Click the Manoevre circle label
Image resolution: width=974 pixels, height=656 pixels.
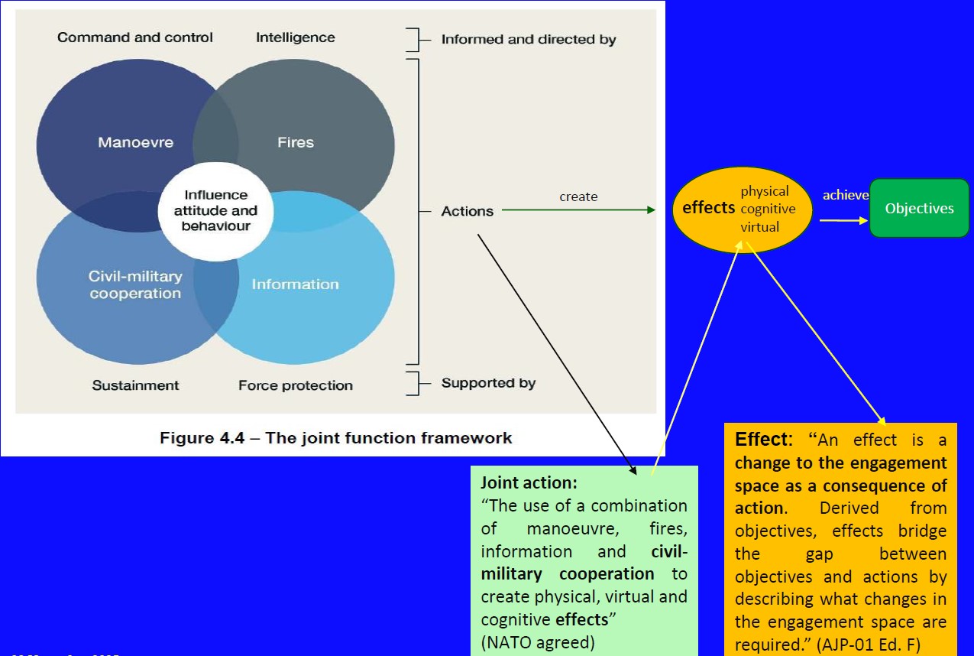point(135,142)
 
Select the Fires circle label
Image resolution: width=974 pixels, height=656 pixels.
point(296,142)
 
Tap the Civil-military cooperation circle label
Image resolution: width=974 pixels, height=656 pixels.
point(135,284)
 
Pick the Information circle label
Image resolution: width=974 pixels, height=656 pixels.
point(295,284)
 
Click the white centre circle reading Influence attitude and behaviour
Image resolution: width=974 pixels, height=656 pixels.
point(215,210)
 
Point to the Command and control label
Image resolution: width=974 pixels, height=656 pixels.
point(135,37)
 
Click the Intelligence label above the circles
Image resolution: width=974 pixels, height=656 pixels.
point(295,37)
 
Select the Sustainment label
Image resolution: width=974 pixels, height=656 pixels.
point(135,385)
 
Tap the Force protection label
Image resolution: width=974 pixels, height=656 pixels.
point(295,385)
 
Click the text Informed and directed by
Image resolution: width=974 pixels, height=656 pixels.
point(528,39)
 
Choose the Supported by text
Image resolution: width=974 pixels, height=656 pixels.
point(488,383)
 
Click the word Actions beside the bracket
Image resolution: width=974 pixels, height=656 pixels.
point(467,211)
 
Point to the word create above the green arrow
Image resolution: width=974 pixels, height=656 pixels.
point(578,197)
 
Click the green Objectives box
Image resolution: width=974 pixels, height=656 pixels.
point(919,208)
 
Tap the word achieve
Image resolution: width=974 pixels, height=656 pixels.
point(845,196)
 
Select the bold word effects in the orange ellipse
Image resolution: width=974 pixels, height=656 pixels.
point(708,208)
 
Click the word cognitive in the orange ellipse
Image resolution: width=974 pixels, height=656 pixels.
point(768,209)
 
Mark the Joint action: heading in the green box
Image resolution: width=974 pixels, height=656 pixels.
point(529,483)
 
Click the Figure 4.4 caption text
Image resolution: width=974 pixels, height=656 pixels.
point(335,438)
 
